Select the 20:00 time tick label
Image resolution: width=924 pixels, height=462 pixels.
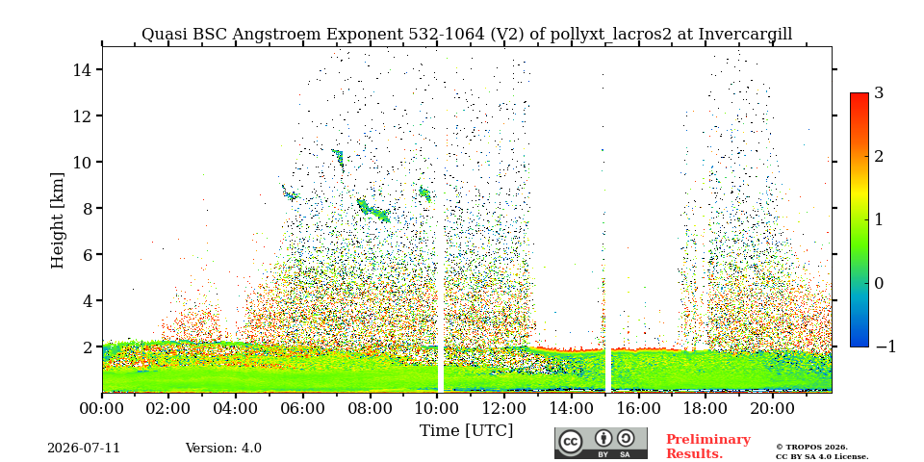click(773, 408)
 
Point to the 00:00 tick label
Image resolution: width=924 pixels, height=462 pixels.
click(102, 408)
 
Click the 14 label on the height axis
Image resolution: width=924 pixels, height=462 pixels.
click(82, 69)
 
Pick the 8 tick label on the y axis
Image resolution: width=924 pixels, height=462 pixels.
click(87, 208)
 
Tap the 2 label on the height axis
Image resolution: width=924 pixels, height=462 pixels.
click(87, 346)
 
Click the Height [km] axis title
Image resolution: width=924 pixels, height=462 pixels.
click(57, 220)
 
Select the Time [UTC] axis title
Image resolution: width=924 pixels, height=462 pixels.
click(466, 431)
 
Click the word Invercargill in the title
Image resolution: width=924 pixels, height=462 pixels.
click(745, 35)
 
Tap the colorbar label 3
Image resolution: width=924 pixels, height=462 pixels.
click(879, 92)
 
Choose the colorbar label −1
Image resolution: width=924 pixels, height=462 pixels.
click(885, 346)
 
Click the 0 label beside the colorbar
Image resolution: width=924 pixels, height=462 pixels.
click(879, 283)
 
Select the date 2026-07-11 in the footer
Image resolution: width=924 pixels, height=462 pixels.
click(84, 449)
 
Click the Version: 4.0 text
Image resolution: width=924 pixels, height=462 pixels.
click(223, 449)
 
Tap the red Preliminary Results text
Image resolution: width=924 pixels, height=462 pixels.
click(708, 447)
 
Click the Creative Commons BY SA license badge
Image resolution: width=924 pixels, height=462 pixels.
click(601, 443)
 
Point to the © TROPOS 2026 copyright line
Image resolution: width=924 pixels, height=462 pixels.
click(811, 448)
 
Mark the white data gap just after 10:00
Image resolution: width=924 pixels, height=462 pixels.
click(440, 219)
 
